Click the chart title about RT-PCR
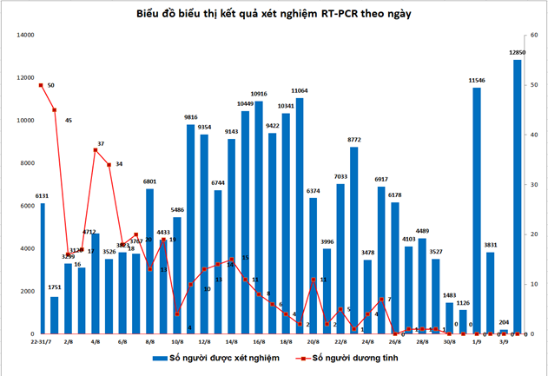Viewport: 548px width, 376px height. (x=274, y=15)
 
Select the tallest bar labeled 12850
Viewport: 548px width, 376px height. (x=518, y=196)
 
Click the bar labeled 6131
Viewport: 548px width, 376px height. (x=43, y=268)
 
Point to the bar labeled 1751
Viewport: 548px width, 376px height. (x=55, y=315)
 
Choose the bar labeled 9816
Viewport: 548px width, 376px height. (x=191, y=229)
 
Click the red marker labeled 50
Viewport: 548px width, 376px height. (x=41, y=85)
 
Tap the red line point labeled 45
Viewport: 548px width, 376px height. (x=55, y=109)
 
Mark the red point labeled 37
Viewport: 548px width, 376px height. (x=96, y=150)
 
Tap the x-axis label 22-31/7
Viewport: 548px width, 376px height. (x=43, y=342)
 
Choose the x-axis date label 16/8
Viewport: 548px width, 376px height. (x=259, y=342)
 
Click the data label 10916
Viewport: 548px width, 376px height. (x=259, y=93)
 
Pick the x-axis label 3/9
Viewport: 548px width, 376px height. (x=504, y=342)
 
